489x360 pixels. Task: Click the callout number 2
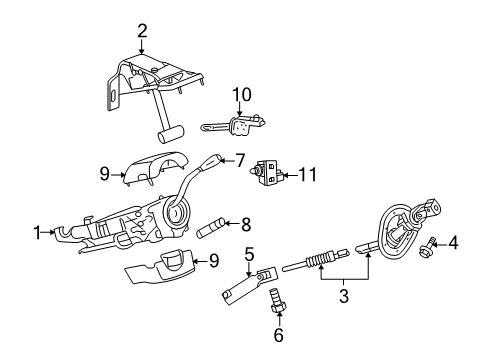tap(142, 30)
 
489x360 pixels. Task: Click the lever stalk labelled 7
tap(212, 164)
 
